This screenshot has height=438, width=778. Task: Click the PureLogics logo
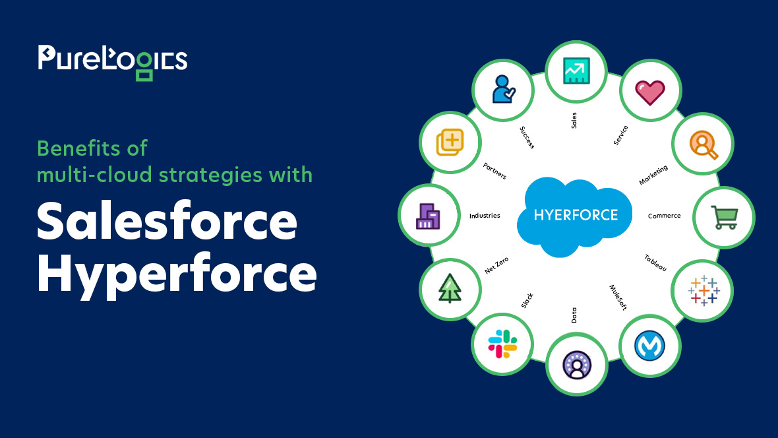click(x=113, y=63)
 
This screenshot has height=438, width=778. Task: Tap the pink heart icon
click(x=650, y=92)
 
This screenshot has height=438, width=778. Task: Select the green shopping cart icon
click(x=725, y=218)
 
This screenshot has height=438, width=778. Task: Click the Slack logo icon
click(x=502, y=344)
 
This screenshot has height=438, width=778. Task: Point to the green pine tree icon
click(x=450, y=288)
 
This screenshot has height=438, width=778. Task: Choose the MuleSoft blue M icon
click(x=649, y=346)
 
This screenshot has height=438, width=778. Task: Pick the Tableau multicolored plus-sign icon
click(x=703, y=290)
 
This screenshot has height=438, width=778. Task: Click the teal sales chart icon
click(x=576, y=71)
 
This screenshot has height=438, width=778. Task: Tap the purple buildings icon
click(x=428, y=216)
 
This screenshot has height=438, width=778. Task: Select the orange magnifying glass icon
click(x=703, y=144)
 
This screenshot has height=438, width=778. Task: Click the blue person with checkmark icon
click(x=503, y=90)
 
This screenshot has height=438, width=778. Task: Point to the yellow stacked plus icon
click(x=450, y=142)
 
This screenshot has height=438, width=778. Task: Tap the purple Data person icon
click(x=576, y=365)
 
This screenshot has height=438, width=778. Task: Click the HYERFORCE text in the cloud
click(x=576, y=215)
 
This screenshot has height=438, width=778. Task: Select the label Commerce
click(x=665, y=216)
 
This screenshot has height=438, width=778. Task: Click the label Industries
click(x=485, y=216)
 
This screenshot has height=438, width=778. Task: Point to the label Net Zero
click(x=496, y=266)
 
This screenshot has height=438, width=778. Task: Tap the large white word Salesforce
click(x=167, y=221)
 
